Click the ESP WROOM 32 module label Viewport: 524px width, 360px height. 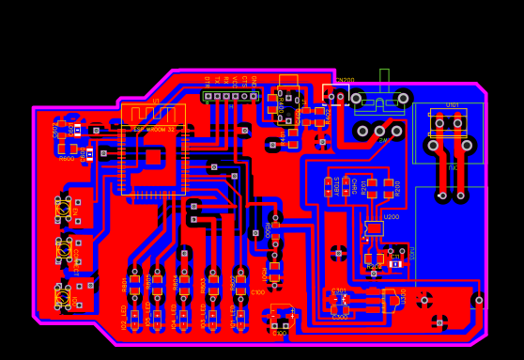click(x=153, y=129)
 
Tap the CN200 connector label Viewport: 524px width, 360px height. click(x=346, y=81)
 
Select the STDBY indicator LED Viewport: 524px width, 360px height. click(x=328, y=186)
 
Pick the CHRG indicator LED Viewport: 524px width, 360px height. click(x=347, y=186)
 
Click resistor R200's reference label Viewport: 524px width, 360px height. click(x=397, y=187)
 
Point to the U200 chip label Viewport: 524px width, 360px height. click(x=391, y=217)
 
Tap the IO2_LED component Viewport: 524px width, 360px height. click(x=134, y=317)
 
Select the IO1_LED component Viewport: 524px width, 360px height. click(x=240, y=317)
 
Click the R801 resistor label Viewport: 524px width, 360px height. click(x=125, y=283)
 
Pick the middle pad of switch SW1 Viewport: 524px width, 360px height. click(x=379, y=131)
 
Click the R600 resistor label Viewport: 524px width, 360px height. click(x=67, y=159)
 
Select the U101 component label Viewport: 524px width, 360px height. click(x=452, y=105)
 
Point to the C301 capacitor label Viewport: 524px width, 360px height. click(x=339, y=291)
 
